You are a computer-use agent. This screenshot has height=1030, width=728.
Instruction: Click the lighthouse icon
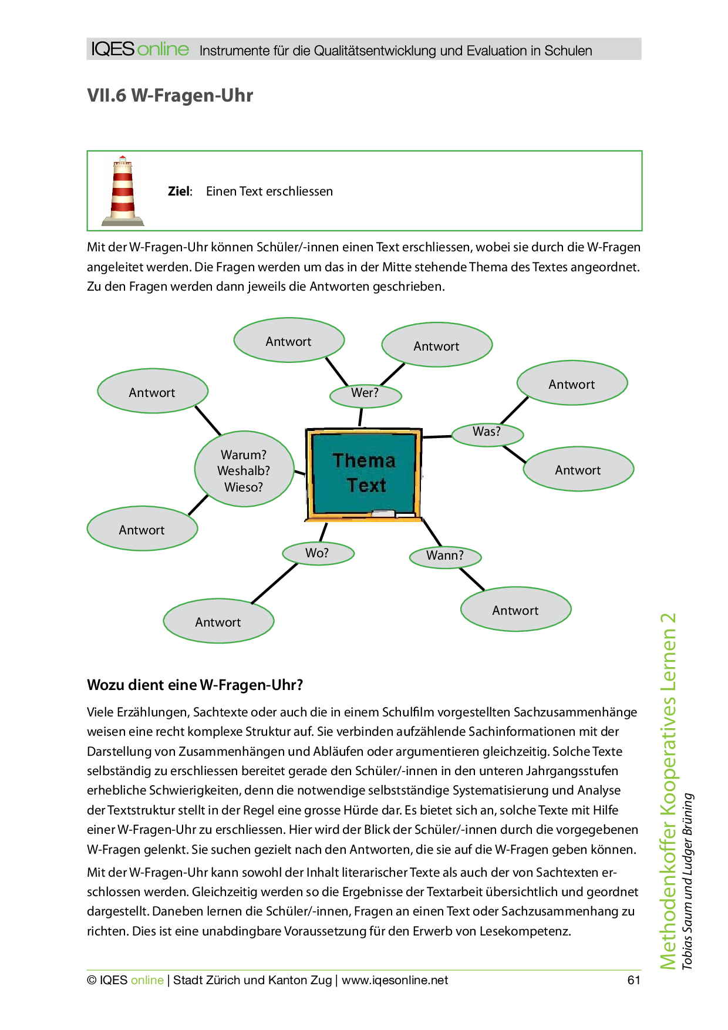click(123, 191)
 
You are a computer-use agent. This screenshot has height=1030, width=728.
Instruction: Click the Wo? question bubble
click(318, 553)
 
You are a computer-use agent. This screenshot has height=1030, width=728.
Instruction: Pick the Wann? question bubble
click(445, 557)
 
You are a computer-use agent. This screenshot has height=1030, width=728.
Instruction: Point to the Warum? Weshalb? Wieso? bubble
click(244, 470)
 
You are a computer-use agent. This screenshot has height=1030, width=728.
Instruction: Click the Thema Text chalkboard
click(364, 473)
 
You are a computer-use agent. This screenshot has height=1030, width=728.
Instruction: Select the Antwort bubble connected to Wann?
click(515, 610)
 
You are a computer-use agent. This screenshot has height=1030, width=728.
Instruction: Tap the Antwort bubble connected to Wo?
click(218, 621)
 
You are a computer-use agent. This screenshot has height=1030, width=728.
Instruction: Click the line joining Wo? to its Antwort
click(275, 584)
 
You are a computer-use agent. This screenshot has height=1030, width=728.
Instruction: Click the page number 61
click(633, 980)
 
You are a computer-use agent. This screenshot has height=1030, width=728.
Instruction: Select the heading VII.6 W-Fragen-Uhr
click(170, 95)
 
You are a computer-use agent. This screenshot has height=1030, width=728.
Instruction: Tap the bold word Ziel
click(179, 191)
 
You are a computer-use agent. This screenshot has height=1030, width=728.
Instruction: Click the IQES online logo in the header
click(140, 49)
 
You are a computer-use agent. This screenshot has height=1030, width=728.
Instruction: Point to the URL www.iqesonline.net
click(395, 980)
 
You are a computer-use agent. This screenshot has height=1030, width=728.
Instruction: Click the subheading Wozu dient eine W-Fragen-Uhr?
click(195, 685)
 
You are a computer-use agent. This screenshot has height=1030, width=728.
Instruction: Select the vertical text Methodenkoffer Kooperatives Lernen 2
click(668, 790)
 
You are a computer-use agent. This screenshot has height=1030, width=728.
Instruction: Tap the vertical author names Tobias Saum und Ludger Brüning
click(687, 881)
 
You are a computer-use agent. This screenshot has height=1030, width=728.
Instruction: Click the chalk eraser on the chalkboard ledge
click(383, 513)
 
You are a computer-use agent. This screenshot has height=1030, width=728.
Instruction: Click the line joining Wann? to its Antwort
click(472, 579)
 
